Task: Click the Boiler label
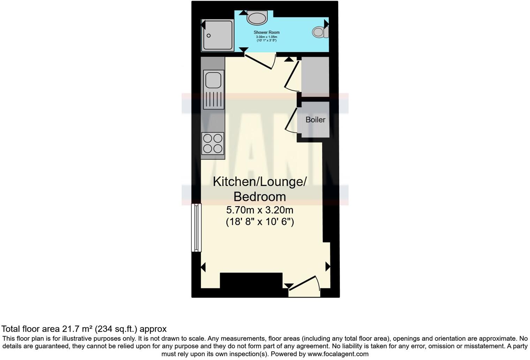(x=315, y=120)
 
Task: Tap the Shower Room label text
(x=266, y=32)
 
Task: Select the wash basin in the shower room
(x=257, y=17)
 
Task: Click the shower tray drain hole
(x=209, y=36)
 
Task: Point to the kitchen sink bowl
(x=213, y=80)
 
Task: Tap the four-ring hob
(x=213, y=143)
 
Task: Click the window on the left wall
(x=197, y=228)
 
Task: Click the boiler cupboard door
(x=291, y=120)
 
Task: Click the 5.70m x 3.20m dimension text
(x=259, y=210)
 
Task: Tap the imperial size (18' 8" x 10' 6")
(x=260, y=222)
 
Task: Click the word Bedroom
(x=259, y=197)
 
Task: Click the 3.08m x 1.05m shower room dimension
(x=266, y=37)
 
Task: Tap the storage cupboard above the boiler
(x=315, y=77)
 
